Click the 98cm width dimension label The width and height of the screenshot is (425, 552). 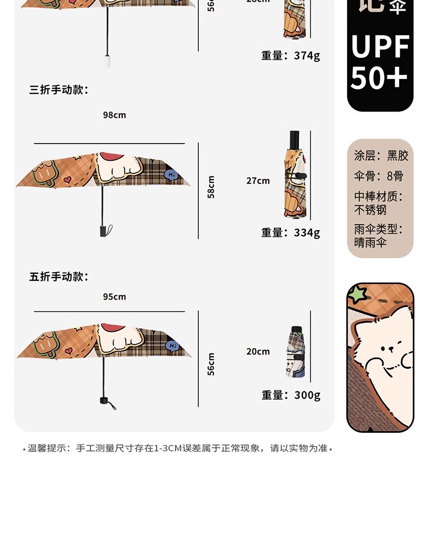(x=114, y=115)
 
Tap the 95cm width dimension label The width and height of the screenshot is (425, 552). (x=114, y=296)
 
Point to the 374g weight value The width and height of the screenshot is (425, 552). (x=307, y=55)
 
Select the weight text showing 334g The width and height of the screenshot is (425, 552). (x=307, y=232)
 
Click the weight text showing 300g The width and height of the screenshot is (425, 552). (x=307, y=395)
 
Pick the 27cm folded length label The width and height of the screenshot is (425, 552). (x=258, y=181)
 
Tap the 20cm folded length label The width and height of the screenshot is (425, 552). (x=258, y=351)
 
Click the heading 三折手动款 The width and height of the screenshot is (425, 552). (x=59, y=89)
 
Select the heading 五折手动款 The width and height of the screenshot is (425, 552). (x=59, y=277)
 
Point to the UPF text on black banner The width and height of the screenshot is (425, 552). (x=380, y=46)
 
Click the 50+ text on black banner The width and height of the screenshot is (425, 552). (x=379, y=78)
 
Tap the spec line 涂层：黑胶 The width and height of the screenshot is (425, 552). (x=381, y=156)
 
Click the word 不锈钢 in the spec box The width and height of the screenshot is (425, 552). (x=370, y=210)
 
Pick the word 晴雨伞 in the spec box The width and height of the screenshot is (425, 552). (x=370, y=242)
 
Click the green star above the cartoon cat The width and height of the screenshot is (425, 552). (x=357, y=293)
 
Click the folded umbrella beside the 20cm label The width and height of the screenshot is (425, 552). (x=295, y=352)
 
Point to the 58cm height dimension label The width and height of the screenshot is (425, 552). (x=211, y=187)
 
